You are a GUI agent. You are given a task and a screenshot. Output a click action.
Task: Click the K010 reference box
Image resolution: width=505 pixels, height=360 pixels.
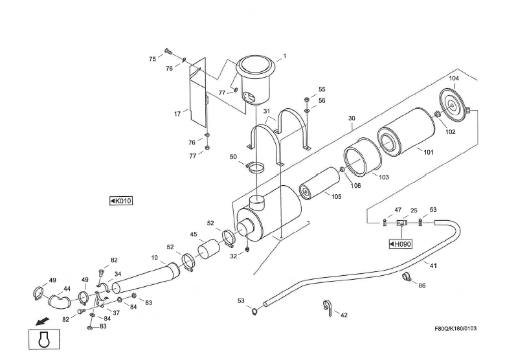coord(121,201)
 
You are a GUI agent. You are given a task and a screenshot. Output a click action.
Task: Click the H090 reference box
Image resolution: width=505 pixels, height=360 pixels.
coord(401,244)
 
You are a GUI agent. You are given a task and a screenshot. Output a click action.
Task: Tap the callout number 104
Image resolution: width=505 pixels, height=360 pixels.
coord(454,78)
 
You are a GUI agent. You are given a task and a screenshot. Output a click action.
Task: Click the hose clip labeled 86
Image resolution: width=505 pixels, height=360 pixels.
coord(407,278)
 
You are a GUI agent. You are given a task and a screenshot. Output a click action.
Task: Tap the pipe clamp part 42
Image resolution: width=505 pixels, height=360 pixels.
coord(328,308)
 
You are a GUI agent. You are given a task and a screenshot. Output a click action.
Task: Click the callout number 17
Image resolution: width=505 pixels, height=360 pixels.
coord(177,114)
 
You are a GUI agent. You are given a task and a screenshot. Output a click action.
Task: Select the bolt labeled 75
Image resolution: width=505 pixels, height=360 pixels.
coord(168,51)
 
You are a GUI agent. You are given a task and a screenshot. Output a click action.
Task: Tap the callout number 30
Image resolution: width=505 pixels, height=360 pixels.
coord(352,118)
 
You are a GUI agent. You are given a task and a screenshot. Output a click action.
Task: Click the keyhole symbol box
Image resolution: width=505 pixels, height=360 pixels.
coord(43,340)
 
